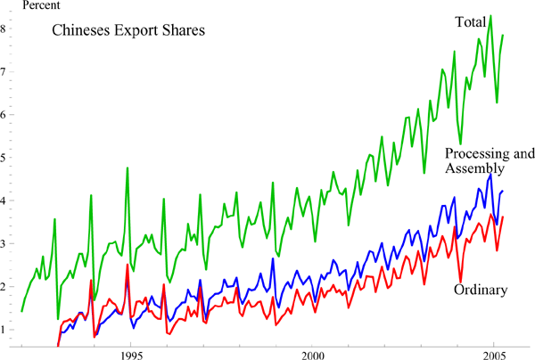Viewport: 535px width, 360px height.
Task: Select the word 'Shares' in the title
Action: pos(185,30)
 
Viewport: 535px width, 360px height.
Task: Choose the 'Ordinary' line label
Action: pos(481,290)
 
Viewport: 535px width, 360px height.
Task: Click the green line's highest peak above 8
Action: pos(490,15)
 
